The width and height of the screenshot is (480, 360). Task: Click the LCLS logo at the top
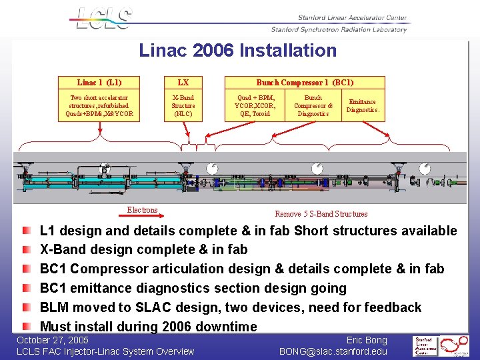coord(104,18)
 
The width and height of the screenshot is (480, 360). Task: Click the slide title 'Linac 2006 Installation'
coord(238,51)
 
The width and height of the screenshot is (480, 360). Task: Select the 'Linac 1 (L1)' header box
coord(99,83)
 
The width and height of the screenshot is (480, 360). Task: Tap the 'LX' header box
coord(183,83)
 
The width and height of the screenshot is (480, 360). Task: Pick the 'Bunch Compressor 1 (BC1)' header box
coord(305,83)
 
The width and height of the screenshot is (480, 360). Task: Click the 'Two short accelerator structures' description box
coord(99,105)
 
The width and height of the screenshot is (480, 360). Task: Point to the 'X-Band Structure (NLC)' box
coord(183,105)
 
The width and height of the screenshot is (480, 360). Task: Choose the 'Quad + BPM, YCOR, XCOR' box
coord(255,105)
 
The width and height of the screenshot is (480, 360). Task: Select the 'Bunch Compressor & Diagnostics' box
coord(313,105)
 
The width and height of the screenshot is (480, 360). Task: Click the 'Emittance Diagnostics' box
coord(363,105)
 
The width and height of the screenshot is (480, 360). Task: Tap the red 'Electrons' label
coord(143,210)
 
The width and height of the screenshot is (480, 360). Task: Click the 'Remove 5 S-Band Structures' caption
coord(321,214)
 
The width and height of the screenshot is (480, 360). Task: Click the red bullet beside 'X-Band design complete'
coord(26,249)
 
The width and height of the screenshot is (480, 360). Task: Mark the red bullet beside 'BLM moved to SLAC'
coord(26,307)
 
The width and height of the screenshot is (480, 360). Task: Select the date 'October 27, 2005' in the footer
coord(53,340)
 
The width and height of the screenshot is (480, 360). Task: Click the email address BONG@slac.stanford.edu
coord(333,351)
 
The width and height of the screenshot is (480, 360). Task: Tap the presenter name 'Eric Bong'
coord(366,340)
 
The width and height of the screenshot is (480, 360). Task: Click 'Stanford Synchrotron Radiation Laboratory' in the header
coord(339,29)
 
